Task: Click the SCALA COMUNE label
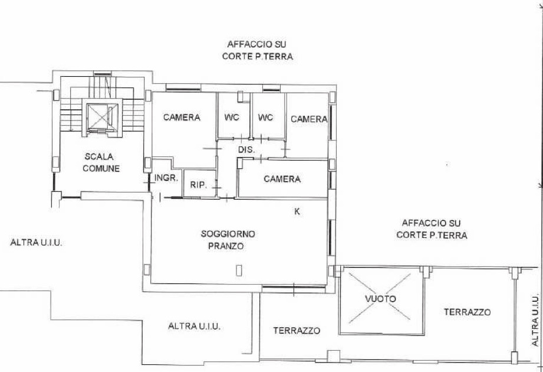point(101,162)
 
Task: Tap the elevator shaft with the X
point(100,116)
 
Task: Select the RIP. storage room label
point(199,185)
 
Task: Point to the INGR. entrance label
point(166,178)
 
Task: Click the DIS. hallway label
point(246,150)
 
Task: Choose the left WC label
point(232,118)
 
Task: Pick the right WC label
point(266,118)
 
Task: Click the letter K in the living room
point(297,211)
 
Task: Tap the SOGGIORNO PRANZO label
point(228,240)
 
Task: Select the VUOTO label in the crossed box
point(381,299)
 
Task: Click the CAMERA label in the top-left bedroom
point(182,118)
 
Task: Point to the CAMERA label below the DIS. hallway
point(282,179)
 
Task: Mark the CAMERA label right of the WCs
point(309,119)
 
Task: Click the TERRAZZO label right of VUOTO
point(467,312)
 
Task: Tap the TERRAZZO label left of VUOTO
point(297,331)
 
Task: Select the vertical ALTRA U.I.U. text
point(535,321)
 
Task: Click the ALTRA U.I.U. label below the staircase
point(37,242)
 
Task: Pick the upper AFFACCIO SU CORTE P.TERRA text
point(258,50)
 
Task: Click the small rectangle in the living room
point(239,270)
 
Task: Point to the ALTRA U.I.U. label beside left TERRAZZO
point(195,326)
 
